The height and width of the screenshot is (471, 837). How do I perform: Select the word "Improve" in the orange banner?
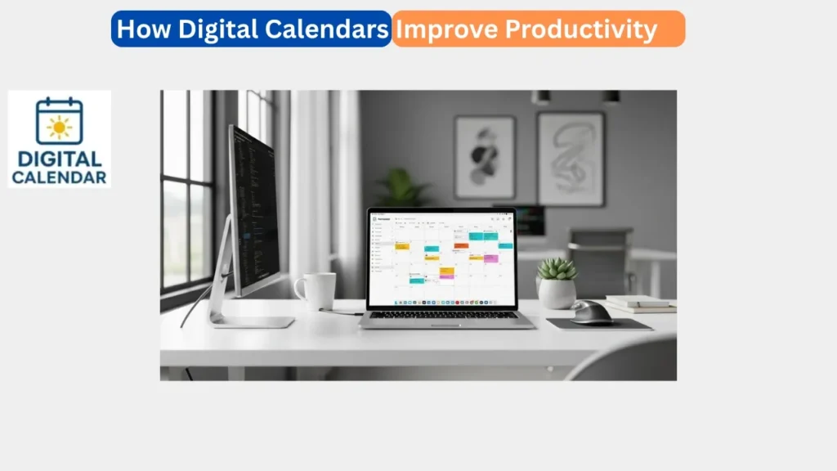click(446, 29)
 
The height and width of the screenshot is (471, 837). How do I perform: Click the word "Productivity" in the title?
click(580, 29)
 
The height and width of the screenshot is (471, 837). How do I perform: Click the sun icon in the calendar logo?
click(59, 128)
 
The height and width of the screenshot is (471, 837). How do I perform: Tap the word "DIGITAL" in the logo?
click(59, 159)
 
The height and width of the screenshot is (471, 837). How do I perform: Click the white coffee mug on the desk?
click(317, 290)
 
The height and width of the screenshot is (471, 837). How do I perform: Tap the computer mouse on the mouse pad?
click(592, 312)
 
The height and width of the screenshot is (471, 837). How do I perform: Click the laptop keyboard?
click(445, 315)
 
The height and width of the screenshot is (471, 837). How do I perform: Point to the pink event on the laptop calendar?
click(490, 258)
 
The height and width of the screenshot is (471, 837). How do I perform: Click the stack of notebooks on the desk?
click(640, 303)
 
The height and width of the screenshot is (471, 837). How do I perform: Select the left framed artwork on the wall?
click(485, 156)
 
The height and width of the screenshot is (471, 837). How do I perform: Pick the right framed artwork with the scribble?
click(571, 158)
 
